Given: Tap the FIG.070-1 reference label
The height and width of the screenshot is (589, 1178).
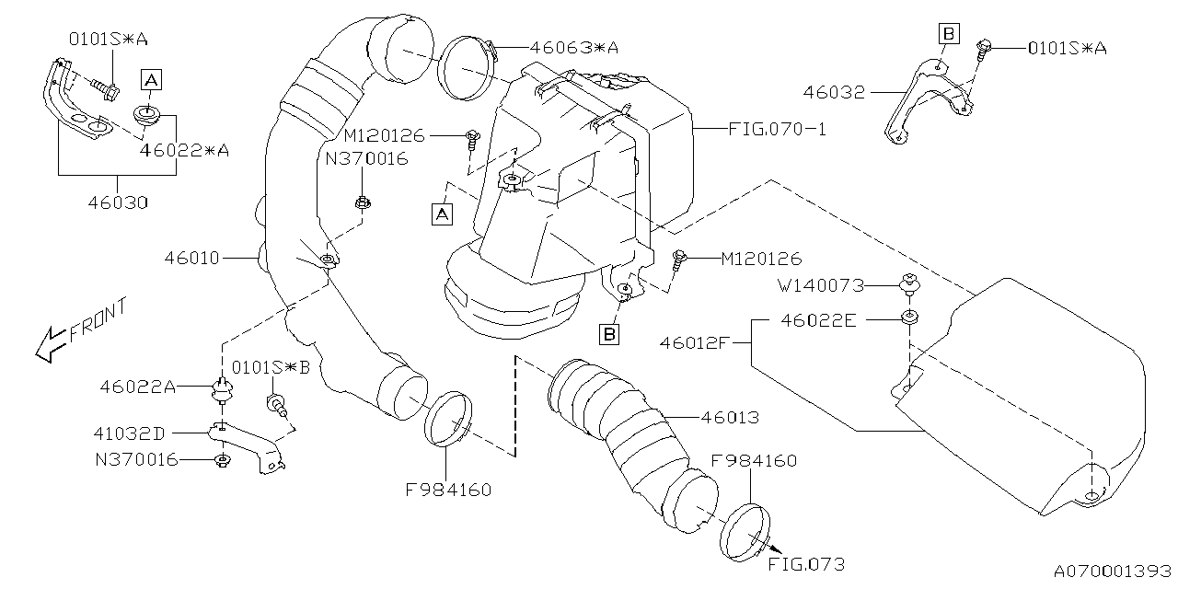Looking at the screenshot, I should click(777, 130).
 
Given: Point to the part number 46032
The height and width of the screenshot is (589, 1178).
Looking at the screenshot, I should click(834, 92).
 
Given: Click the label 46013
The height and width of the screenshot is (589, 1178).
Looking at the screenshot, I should click(729, 418).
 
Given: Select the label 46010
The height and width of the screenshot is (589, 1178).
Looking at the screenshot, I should click(192, 259).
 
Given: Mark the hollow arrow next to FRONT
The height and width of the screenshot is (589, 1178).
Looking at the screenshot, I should click(46, 346).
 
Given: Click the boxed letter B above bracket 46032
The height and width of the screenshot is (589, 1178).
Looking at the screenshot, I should click(949, 34).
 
